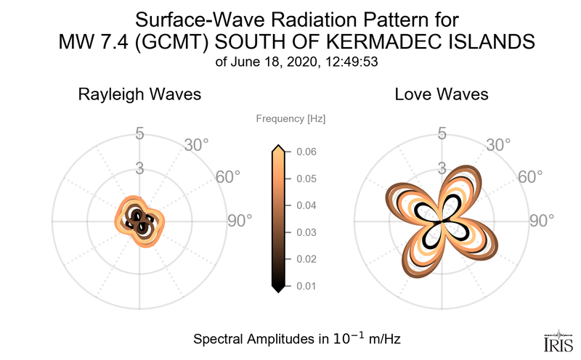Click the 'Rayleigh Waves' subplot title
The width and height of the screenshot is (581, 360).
[139, 94]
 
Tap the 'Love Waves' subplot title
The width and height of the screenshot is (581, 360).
[441, 94]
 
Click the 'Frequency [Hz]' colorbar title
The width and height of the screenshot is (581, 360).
[290, 118]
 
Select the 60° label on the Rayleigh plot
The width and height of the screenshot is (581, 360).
[229, 179]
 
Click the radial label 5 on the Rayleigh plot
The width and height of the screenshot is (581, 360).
[139, 134]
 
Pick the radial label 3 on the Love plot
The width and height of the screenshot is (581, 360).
[441, 168]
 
